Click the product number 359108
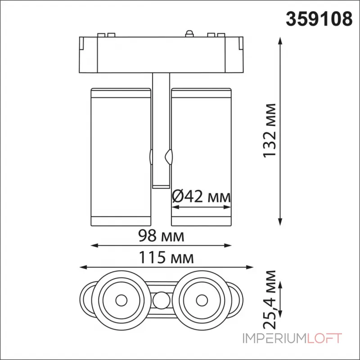click(320, 18)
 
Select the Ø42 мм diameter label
click(202, 197)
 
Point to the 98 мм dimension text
click(161, 235)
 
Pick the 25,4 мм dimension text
click(270, 299)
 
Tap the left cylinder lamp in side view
click(120, 155)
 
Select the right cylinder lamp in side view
click(201, 155)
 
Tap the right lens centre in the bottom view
click(201, 299)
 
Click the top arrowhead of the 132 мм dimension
click(281, 40)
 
